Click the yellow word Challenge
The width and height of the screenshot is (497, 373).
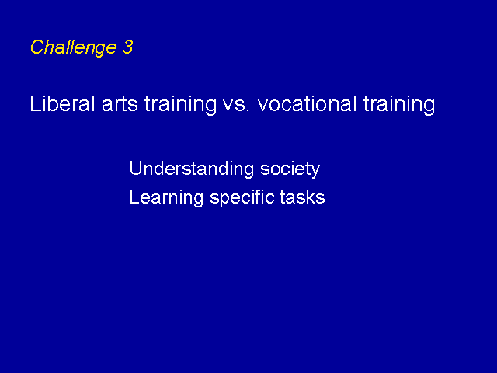(74, 48)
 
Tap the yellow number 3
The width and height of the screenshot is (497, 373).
(127, 47)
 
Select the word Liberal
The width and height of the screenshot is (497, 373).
(62, 103)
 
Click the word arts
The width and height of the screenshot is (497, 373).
(120, 105)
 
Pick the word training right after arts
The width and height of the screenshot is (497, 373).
(180, 105)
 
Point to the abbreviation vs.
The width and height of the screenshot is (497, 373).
(236, 106)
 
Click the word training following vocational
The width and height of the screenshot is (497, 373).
(398, 105)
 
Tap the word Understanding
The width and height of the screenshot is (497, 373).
(192, 169)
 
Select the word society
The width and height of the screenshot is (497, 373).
(290, 169)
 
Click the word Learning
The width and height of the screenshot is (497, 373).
(166, 198)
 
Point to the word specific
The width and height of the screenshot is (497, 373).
(242, 198)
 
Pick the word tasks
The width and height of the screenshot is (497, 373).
(302, 197)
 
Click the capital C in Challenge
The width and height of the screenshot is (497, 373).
(36, 47)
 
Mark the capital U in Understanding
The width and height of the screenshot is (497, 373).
(135, 168)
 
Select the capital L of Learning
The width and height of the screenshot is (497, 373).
(134, 197)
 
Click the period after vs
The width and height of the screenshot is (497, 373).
(248, 110)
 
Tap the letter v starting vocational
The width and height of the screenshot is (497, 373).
(263, 106)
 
